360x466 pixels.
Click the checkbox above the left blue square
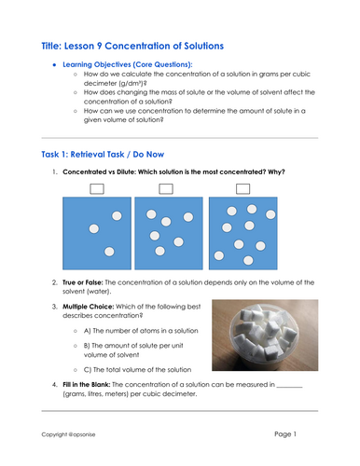96,189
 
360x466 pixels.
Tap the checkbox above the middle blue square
165,189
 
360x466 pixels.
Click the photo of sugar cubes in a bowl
263,337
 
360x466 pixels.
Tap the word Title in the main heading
57,45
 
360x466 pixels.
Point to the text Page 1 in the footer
291,434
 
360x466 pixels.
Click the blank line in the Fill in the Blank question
290,386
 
